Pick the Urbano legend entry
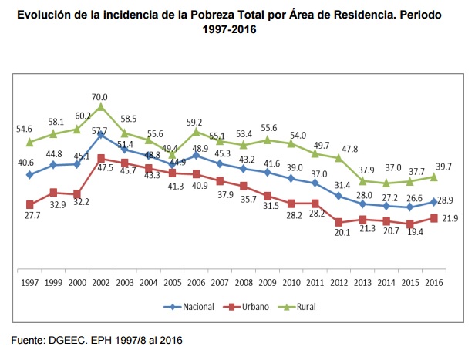pos(251,307)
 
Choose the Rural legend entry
pos(305,307)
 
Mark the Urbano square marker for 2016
pos(434,218)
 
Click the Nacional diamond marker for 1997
pos(29,175)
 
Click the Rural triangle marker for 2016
pos(434,177)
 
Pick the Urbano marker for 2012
pos(339,222)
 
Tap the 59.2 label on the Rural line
pos(194,121)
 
